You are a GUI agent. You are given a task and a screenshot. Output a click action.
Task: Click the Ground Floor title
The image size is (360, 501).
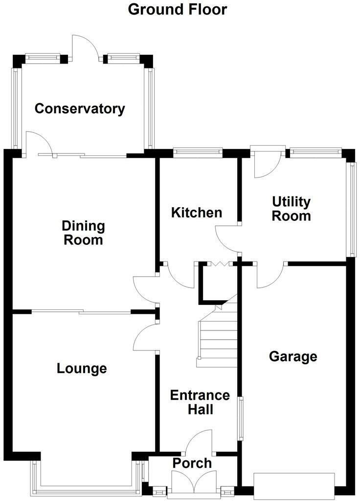coord(178,10)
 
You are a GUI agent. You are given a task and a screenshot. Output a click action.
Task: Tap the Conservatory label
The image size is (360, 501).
coord(80,109)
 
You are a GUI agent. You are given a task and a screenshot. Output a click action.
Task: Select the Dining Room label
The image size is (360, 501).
coord(83,233)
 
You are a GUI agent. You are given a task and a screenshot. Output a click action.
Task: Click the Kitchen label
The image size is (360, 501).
coord(197,213)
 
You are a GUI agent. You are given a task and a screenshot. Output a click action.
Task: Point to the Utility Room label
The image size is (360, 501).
coord(291,209)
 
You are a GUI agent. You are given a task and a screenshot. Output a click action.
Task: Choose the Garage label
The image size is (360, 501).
coord(293,356)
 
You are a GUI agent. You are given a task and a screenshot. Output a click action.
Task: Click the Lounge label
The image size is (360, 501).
coord(82,369)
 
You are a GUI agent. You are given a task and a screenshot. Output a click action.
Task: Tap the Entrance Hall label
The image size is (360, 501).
coord(200,402)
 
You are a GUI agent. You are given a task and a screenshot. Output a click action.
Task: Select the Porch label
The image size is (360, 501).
coord(192,463)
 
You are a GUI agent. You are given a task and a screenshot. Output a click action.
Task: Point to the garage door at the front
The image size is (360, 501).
coord(294,486)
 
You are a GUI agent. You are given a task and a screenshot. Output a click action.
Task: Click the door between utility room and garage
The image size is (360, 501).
coord(270,275)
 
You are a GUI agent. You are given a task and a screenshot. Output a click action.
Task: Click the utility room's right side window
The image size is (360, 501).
coord(352,210)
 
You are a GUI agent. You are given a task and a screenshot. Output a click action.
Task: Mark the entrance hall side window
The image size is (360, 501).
coord(241,419)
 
